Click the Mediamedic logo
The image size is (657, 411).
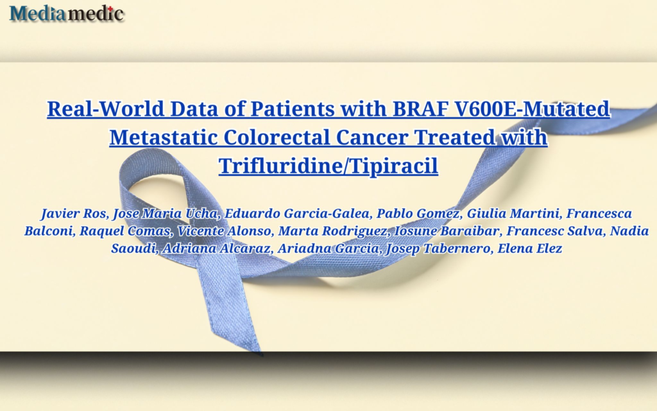67,13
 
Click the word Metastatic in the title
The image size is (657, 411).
164,137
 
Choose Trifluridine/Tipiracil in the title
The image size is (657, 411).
328,166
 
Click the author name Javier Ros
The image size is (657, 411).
74,213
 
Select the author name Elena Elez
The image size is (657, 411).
529,249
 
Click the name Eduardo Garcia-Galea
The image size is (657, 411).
297,213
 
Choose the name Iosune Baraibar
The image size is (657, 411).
447,231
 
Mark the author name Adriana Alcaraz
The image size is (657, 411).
216,249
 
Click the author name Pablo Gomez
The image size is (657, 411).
418,214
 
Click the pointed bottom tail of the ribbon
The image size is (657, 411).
262,354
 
